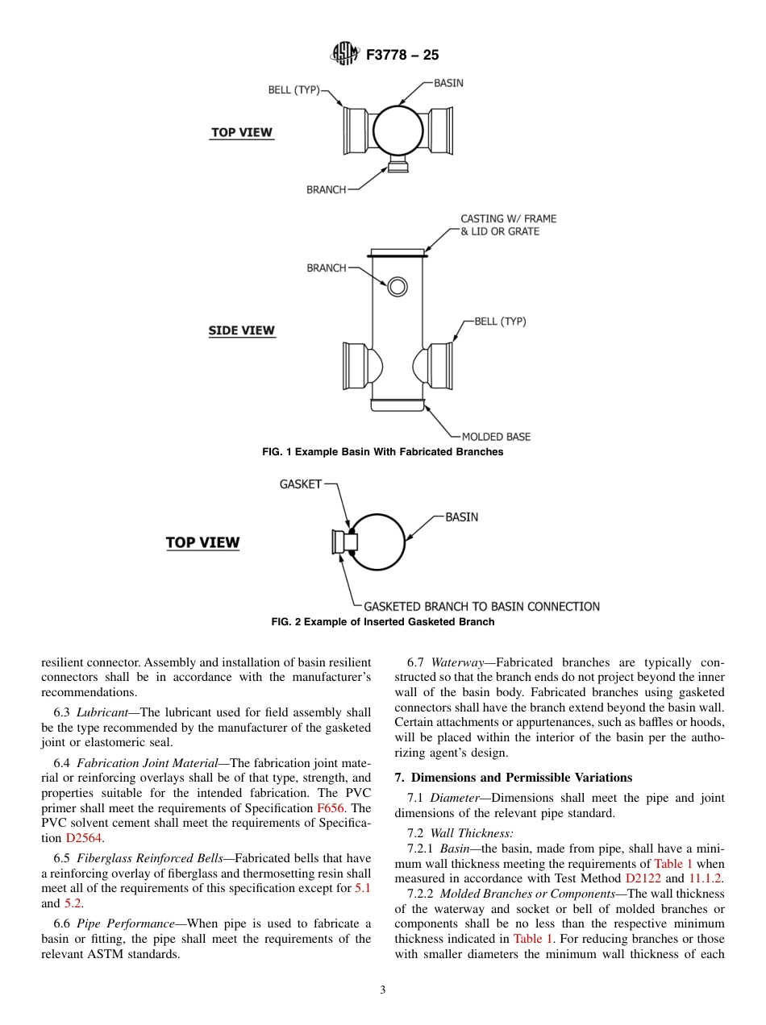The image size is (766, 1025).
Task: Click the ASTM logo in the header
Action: [345, 55]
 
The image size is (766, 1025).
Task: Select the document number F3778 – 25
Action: [402, 56]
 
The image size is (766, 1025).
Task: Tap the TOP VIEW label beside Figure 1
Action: [242, 132]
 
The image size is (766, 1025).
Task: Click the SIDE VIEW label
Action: [242, 330]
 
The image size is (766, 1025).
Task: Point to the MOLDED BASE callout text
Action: [496, 437]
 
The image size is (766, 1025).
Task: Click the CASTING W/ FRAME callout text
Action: [508, 218]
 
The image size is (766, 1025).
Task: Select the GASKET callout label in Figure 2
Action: [300, 484]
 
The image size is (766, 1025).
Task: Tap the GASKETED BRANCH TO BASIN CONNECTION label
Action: [481, 606]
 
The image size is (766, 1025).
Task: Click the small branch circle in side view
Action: [397, 286]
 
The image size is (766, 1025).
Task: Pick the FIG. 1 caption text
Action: [383, 452]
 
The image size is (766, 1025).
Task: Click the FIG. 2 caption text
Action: [383, 622]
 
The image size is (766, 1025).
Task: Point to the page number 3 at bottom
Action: [383, 990]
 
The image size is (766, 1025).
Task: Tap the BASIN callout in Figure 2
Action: [461, 517]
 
